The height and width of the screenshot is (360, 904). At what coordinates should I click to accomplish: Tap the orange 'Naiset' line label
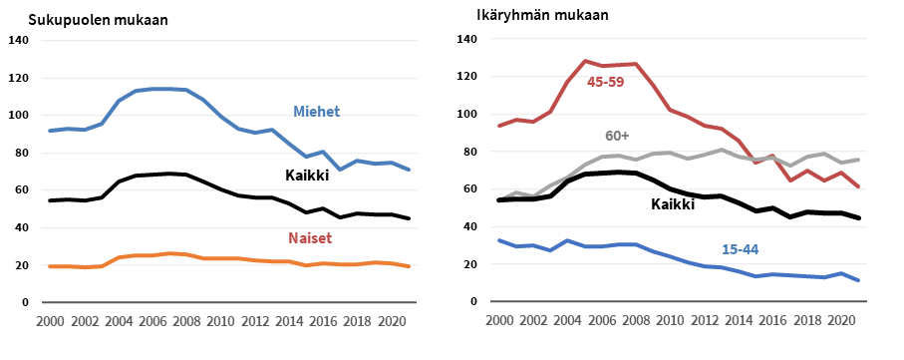tap(311, 239)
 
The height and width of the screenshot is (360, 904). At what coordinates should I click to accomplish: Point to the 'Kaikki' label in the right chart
tap(673, 204)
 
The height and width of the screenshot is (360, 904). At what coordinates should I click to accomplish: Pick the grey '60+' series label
tap(618, 136)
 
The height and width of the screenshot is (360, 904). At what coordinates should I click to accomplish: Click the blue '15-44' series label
tap(740, 248)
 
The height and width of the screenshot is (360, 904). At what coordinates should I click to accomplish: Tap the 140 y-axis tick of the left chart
tap(19, 41)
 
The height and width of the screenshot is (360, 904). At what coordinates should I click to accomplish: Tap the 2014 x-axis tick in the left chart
tap(290, 321)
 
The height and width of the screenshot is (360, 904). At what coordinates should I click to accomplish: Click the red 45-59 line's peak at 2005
tap(586, 61)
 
